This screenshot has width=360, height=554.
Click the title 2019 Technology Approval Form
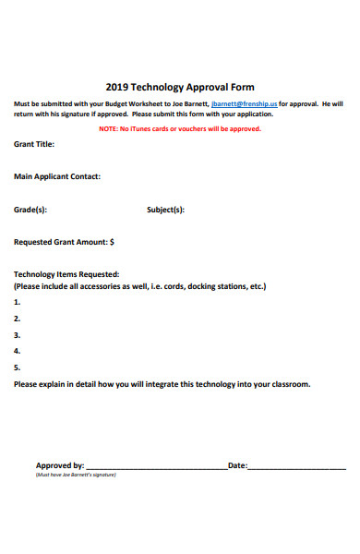(179, 87)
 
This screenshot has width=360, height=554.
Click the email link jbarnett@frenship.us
(245, 104)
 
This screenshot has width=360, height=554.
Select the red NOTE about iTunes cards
(180, 129)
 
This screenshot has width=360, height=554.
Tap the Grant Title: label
(34, 144)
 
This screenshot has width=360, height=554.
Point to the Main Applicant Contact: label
(57, 175)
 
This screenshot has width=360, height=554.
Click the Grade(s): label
(30, 210)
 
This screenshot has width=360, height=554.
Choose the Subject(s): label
(166, 210)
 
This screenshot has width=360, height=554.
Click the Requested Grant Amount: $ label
(65, 243)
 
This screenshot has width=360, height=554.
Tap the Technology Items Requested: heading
(66, 274)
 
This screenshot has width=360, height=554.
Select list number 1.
(17, 302)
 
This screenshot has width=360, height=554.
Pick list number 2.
(17, 319)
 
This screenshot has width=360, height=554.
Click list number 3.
(17, 335)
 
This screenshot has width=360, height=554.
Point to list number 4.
(17, 352)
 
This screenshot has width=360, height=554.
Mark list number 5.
(17, 367)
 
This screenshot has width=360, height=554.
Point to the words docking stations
(216, 286)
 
